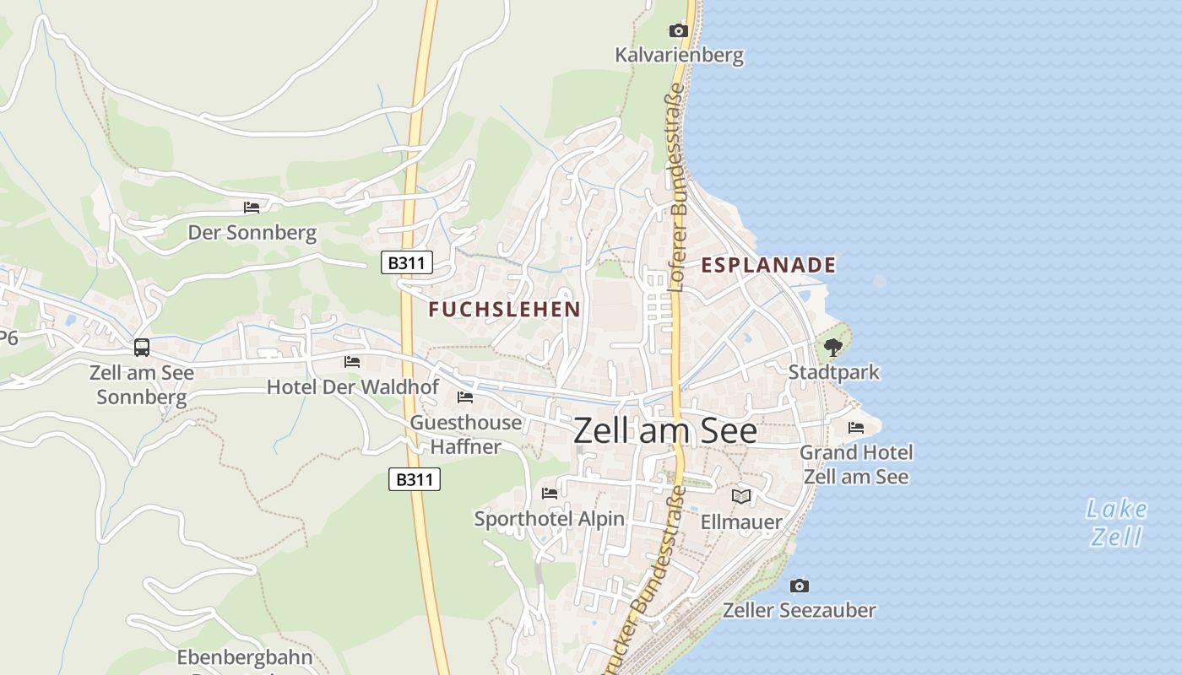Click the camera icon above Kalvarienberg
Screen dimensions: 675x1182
(x=678, y=31)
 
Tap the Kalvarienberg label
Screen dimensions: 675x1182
(x=679, y=56)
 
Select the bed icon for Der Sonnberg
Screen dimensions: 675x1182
(x=252, y=207)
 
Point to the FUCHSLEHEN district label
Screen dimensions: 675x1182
(x=504, y=310)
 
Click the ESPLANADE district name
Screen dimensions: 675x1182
(x=768, y=265)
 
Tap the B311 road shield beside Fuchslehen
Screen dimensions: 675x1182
(x=407, y=262)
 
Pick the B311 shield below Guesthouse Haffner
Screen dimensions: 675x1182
(x=415, y=480)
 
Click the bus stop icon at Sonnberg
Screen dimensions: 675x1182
(x=142, y=347)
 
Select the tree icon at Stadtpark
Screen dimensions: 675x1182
(x=833, y=347)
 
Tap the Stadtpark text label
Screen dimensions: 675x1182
(x=833, y=372)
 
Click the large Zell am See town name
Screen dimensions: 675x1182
(x=665, y=431)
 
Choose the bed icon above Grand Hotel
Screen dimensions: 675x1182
(x=856, y=428)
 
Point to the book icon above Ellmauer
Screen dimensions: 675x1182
(x=741, y=497)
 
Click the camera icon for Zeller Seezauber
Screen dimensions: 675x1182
(x=799, y=586)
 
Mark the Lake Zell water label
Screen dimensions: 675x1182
(x=1116, y=522)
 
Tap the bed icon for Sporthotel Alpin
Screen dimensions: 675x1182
(x=550, y=494)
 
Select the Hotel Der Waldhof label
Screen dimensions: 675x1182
(x=353, y=387)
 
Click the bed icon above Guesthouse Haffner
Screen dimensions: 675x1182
(x=465, y=397)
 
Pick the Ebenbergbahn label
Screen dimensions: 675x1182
(x=245, y=657)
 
